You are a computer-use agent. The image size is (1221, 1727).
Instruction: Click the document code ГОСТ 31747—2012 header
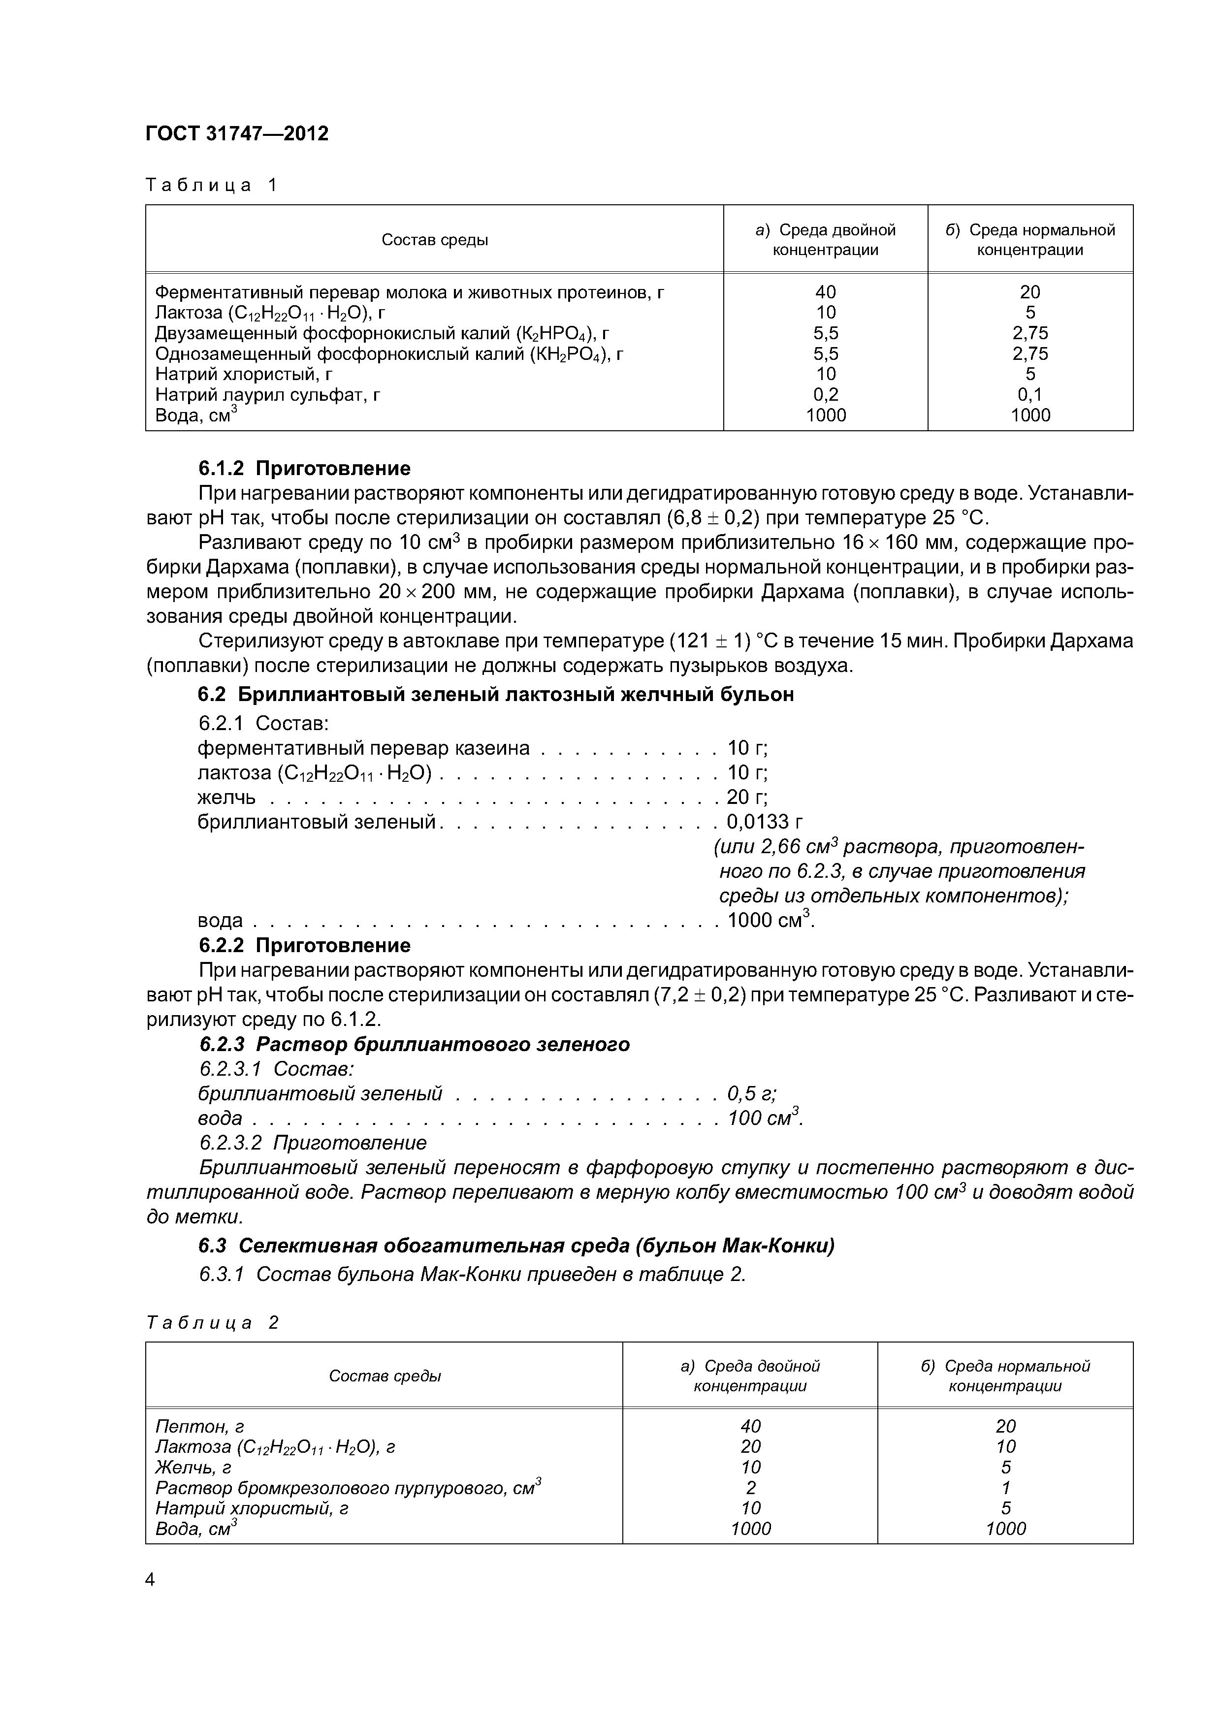click(237, 134)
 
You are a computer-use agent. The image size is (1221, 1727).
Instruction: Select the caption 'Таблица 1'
click(211, 185)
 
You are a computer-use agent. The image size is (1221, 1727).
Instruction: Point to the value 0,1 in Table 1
click(1030, 395)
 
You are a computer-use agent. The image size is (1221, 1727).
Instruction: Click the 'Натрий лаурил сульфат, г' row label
click(267, 395)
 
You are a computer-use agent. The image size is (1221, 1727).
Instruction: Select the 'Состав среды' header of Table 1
click(434, 240)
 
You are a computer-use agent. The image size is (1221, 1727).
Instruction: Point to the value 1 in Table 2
click(1006, 1488)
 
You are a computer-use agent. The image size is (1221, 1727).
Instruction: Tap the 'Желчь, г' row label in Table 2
click(193, 1468)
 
